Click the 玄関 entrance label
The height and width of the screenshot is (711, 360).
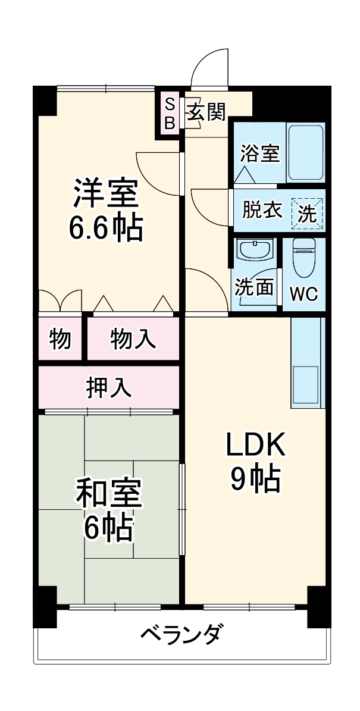207,112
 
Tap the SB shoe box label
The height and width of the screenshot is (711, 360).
170,114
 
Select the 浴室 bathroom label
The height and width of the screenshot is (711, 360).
259,154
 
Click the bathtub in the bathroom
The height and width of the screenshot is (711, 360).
306,153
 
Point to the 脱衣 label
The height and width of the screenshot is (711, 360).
262,211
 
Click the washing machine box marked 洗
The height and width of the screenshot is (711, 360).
307,213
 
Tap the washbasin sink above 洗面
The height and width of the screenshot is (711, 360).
255,249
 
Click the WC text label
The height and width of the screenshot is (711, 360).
303,294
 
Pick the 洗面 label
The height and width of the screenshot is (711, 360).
255,287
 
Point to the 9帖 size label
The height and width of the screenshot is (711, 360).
256,479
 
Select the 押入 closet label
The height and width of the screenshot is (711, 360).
108,387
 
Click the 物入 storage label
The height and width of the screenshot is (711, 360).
133,339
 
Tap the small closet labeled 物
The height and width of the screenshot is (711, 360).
60,339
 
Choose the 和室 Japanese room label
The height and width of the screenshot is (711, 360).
108,493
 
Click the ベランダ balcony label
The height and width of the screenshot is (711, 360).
183,635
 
